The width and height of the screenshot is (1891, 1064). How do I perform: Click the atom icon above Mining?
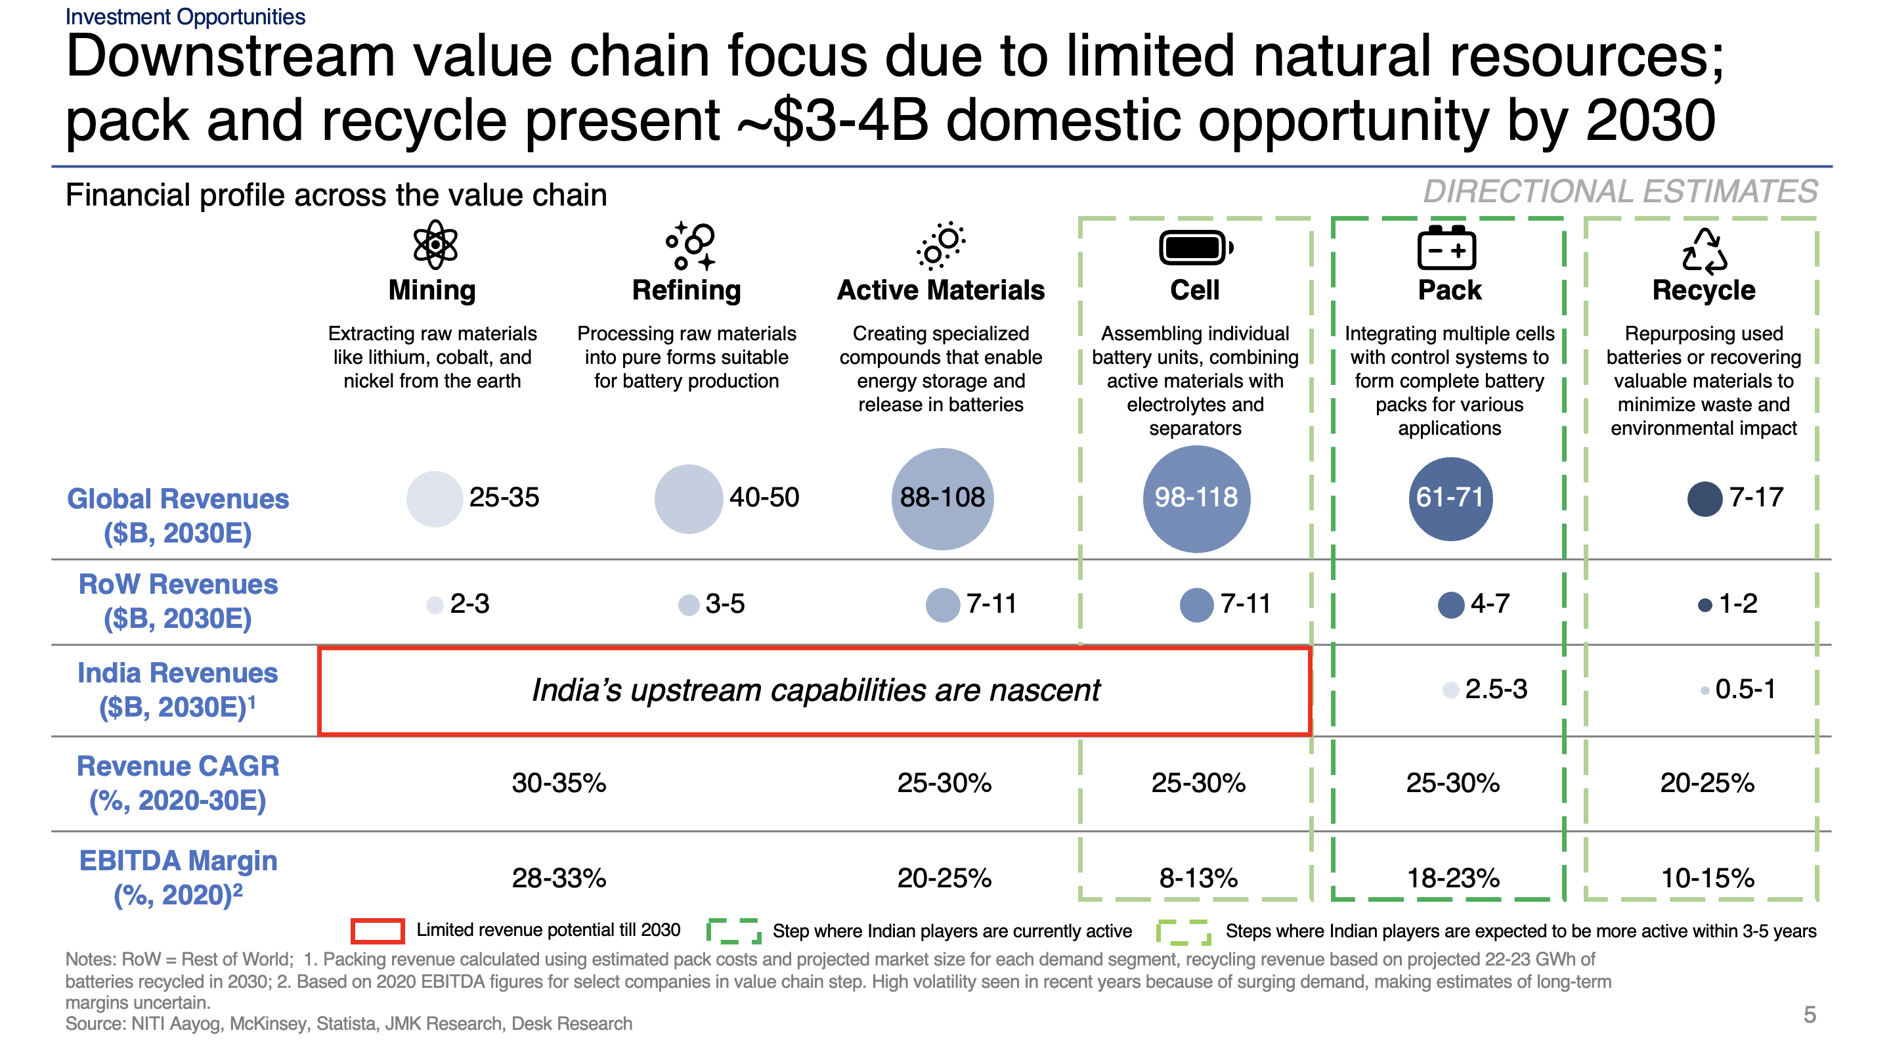point(435,244)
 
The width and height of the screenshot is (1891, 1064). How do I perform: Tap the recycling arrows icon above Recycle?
point(1704,251)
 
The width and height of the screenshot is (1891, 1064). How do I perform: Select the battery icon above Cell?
point(1195,248)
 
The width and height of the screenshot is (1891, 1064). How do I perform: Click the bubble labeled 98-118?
point(1196,499)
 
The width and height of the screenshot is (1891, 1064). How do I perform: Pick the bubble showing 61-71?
point(1450,499)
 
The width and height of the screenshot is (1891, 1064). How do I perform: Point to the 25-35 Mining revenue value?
point(504,498)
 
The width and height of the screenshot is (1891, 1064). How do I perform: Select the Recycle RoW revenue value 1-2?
point(1737,604)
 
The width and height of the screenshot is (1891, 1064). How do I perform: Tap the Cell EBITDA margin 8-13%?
point(1198,878)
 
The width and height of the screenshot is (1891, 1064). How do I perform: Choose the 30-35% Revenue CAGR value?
point(559,783)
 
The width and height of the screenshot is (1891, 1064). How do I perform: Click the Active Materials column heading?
point(940,291)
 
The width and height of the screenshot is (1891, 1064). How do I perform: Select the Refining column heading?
point(686,291)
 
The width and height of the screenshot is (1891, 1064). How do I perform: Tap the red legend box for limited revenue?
point(378,931)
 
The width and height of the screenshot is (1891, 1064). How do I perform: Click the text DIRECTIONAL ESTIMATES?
point(1619,192)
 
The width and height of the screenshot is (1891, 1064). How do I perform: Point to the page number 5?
point(1810,1015)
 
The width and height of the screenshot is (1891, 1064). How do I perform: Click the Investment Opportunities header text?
point(185,16)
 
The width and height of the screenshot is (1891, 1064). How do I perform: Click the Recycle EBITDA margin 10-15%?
point(1707,878)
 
